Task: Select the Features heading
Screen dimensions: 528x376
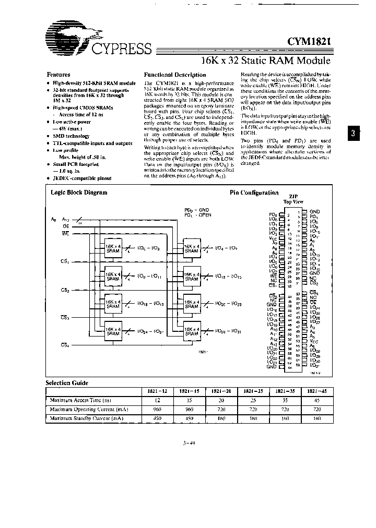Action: (58, 75)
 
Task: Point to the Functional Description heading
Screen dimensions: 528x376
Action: (174, 75)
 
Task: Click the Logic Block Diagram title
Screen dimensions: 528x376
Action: (79, 192)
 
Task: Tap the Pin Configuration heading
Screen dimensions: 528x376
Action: (254, 192)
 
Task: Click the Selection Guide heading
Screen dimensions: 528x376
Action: (67, 382)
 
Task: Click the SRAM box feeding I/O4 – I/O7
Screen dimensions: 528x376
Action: (191, 248)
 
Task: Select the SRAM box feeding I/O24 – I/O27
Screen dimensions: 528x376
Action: (113, 331)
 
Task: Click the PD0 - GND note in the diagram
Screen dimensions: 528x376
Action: (197, 209)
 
